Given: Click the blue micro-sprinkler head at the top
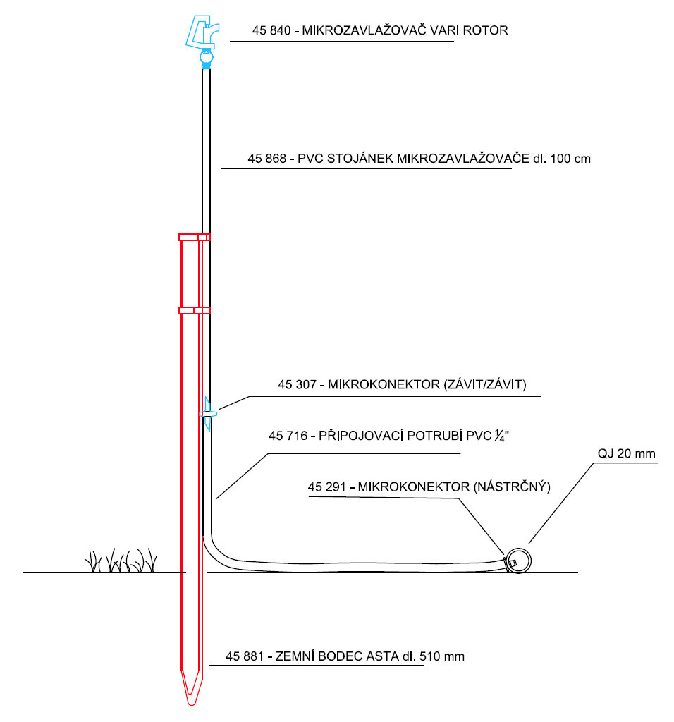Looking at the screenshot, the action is coord(203,40).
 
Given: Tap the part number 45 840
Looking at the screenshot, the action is coord(271,30).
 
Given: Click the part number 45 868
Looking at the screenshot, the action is coord(267,159).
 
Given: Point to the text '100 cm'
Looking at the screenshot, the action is coord(570,159).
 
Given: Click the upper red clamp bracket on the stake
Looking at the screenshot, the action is coord(195,237).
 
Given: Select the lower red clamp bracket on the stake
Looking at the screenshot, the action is coord(195,311).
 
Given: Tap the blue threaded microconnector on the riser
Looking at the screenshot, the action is coord(208,414).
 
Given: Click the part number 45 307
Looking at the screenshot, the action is coord(297,384).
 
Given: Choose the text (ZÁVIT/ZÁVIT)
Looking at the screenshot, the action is coord(485,384).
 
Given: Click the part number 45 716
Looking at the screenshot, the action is coord(288,436).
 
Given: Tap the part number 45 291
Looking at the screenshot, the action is coord(327,487).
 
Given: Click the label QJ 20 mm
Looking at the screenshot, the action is coord(627,453).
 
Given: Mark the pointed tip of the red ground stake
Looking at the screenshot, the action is coord(192,704).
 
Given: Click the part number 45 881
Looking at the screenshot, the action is coord(245,656).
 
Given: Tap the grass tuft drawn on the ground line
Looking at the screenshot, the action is coord(121,561).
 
